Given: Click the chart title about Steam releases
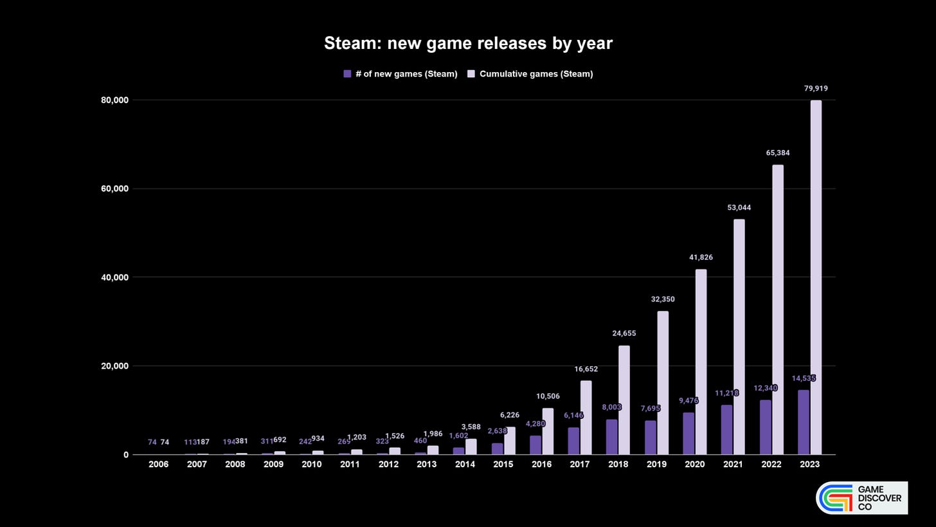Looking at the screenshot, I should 468,43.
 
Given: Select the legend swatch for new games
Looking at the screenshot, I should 347,74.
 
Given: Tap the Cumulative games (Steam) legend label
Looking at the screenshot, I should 535,74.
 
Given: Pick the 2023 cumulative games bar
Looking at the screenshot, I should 816,277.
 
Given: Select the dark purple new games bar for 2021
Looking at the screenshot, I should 726,429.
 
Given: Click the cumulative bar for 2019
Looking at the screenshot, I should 663,383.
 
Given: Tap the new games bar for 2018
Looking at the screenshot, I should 611,437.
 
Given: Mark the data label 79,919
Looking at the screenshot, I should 816,88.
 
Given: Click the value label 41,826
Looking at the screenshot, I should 701,257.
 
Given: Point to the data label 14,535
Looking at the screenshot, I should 804,378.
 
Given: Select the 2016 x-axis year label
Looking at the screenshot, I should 541,464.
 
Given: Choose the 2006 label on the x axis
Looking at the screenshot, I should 158,464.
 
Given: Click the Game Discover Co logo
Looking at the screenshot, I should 861,498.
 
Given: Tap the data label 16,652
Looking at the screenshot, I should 586,369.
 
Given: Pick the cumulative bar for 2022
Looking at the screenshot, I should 778,310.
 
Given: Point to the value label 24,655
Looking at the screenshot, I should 624,333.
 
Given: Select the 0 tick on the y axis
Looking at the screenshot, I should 126,455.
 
